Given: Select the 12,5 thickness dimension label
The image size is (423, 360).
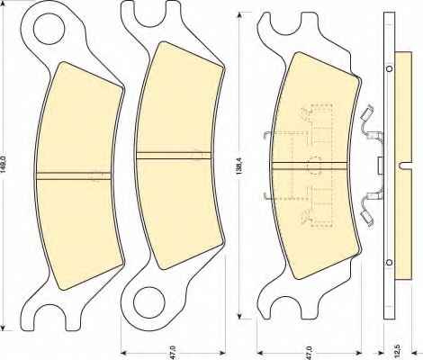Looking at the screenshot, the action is click(398, 350).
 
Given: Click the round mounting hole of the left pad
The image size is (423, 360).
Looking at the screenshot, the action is click(49, 30).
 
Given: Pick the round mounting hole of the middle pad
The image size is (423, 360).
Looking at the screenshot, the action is click(149, 303).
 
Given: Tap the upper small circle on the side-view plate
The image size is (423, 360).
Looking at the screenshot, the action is click(389, 68).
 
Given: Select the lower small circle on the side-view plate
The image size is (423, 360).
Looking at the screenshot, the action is click(389, 263).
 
